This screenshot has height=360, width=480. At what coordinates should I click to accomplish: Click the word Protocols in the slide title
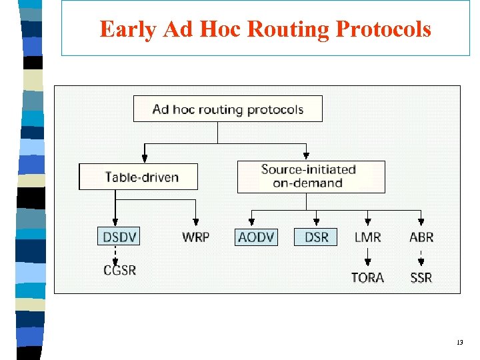(x=383, y=29)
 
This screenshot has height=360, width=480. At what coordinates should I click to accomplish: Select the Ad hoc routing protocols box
(x=227, y=109)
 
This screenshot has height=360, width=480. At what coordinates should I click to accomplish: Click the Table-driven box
(x=139, y=177)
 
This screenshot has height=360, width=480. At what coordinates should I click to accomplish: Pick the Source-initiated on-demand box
(x=311, y=177)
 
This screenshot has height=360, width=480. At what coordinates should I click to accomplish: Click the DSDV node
(x=119, y=237)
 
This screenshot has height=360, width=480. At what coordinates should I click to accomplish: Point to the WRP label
(x=195, y=237)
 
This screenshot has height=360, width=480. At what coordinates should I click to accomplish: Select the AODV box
(x=255, y=237)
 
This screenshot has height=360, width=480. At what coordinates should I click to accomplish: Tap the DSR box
(x=316, y=237)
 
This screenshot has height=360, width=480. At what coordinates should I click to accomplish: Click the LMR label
(x=367, y=237)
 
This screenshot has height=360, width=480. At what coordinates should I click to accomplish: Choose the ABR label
(x=421, y=237)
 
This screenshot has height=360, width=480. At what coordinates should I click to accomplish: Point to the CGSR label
(x=120, y=270)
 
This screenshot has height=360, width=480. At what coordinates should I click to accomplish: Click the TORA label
(x=367, y=277)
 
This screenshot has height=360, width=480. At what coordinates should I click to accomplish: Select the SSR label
(x=421, y=277)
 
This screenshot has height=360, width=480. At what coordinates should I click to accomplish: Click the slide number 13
(x=459, y=342)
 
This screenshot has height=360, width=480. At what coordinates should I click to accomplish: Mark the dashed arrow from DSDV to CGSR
(x=116, y=254)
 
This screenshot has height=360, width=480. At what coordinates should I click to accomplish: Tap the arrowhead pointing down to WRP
(x=196, y=222)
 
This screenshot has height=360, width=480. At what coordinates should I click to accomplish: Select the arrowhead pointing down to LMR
(x=367, y=222)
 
